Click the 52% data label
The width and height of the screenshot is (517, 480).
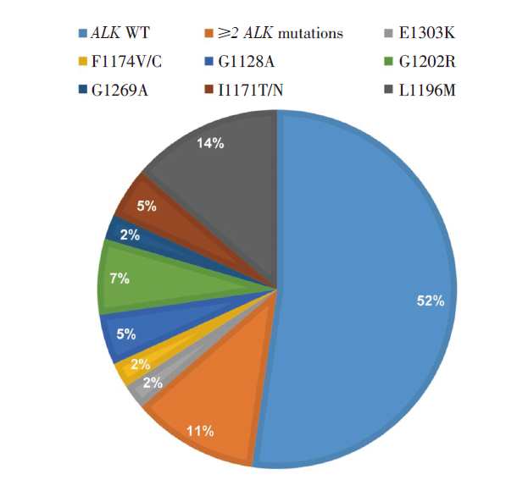(430, 301)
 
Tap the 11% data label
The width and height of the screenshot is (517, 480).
(199, 432)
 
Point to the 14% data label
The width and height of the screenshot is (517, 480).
(209, 143)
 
